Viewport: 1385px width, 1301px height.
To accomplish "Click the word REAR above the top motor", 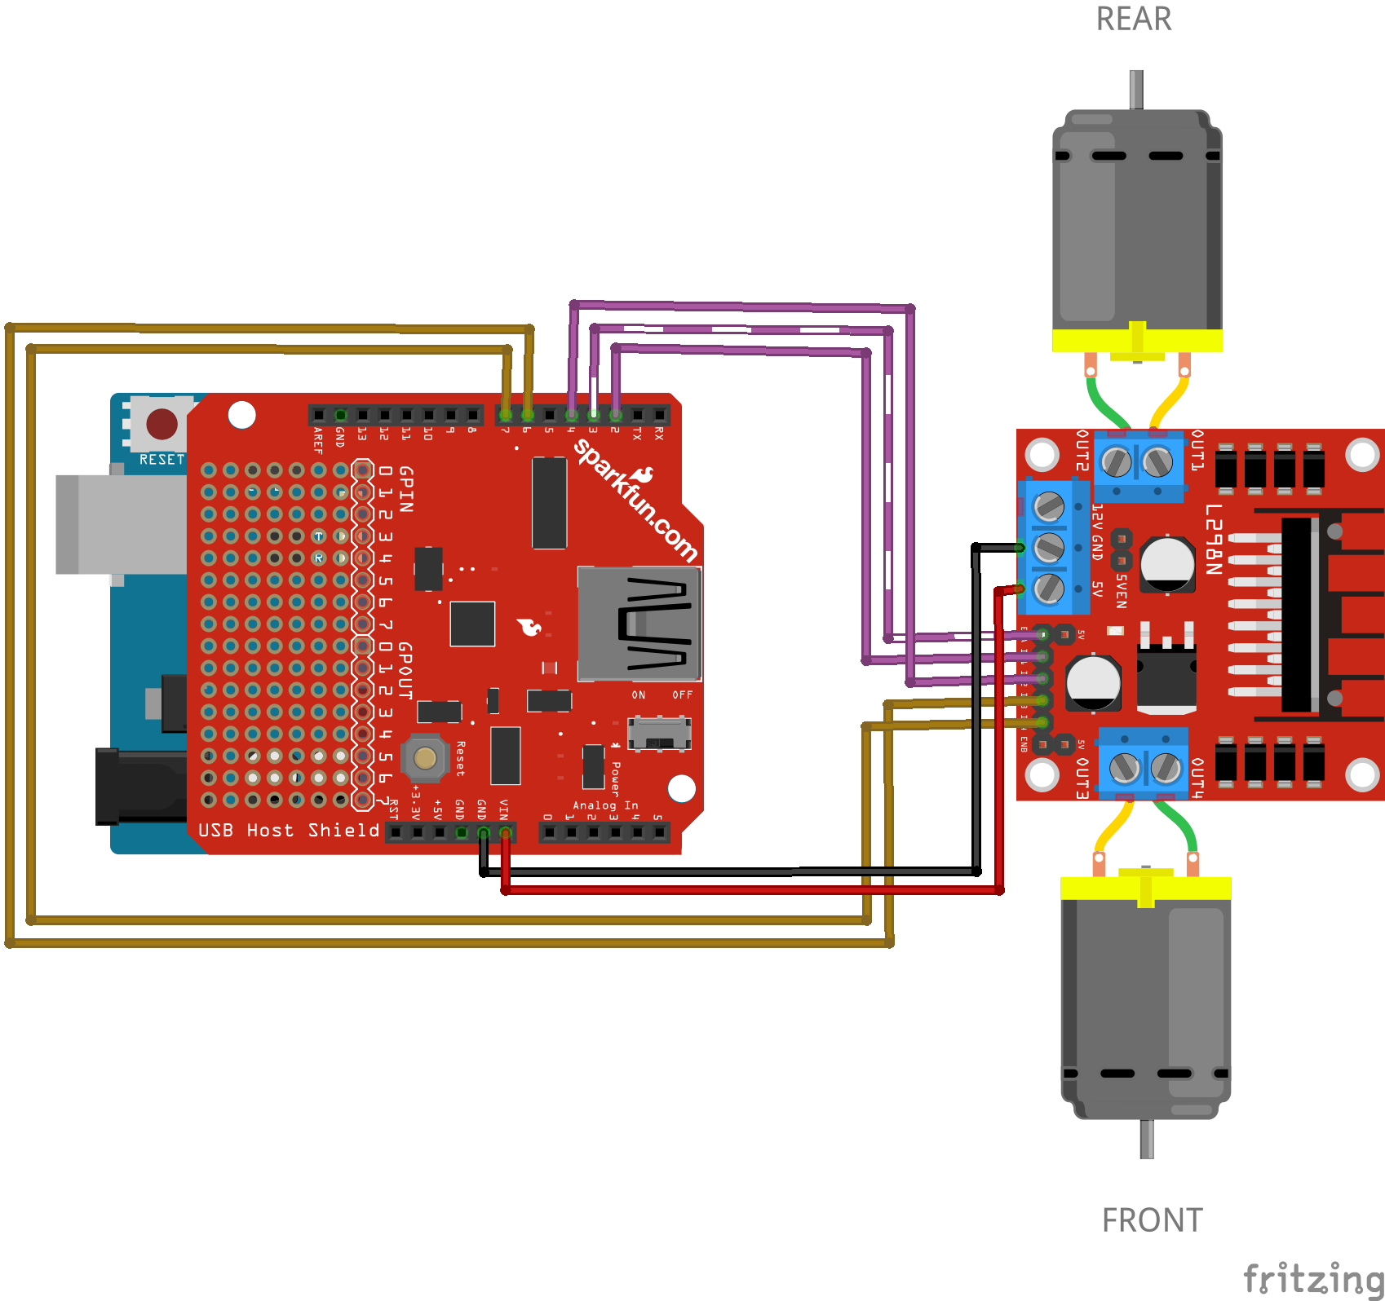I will click(1133, 20).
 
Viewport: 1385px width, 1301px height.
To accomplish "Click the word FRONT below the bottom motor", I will click(1152, 1220).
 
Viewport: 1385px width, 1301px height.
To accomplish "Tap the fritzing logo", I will click(1312, 1277).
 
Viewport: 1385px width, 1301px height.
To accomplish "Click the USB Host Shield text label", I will click(289, 830).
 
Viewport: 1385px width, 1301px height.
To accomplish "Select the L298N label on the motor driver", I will click(1214, 539).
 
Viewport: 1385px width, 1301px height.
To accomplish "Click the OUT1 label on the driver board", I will click(1197, 450).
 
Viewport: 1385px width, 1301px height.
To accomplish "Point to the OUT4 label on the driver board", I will click(1197, 778).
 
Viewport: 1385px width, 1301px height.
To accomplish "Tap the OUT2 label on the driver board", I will click(1082, 450).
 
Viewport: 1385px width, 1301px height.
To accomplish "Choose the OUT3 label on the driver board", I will click(1082, 778).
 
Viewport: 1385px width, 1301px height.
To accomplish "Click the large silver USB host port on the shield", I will click(639, 624).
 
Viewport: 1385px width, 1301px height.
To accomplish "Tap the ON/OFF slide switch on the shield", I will click(660, 733).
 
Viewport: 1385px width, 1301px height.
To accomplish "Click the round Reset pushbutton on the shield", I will click(425, 757).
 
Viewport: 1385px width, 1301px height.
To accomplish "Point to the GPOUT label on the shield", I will click(405, 670).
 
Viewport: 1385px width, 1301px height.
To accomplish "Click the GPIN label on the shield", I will click(405, 489).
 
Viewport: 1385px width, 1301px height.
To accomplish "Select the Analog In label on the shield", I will click(605, 805).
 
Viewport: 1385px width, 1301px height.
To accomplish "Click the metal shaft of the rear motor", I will click(1135, 89).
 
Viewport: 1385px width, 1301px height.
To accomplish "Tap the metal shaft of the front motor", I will click(1146, 1139).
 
